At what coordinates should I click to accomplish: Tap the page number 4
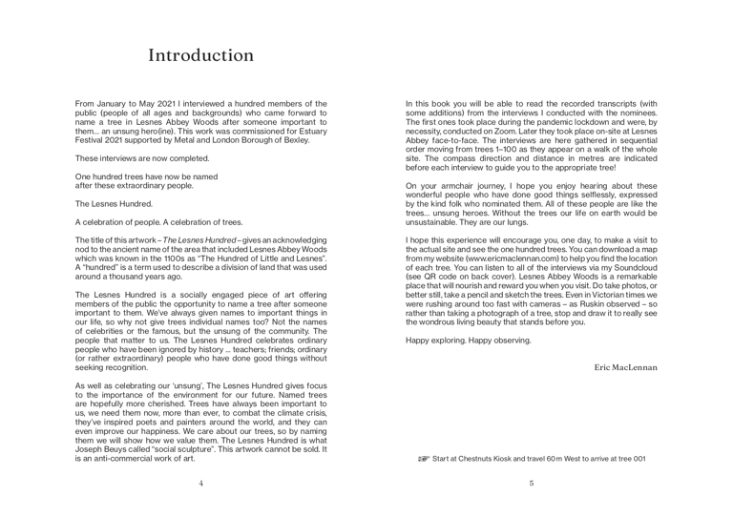[200, 483]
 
